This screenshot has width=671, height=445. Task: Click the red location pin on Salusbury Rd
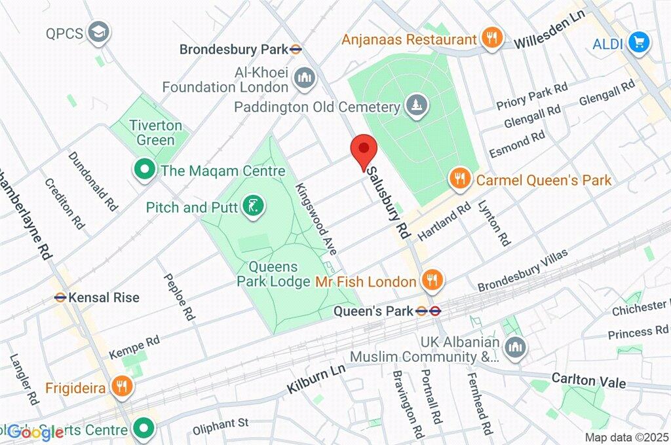(362, 151)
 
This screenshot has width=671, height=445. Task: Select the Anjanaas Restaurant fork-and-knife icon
(491, 38)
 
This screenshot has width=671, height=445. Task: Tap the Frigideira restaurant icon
(121, 386)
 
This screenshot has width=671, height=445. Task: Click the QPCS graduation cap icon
(99, 31)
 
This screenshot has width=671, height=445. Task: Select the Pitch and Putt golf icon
(252, 207)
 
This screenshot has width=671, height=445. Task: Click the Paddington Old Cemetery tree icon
(415, 105)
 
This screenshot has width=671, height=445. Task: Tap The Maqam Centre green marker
(144, 170)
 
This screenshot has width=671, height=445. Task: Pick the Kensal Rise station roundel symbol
(60, 297)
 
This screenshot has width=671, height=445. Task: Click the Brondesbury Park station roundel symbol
(297, 48)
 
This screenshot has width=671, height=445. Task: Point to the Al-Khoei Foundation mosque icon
(304, 78)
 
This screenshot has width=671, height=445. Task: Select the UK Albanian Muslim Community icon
(516, 344)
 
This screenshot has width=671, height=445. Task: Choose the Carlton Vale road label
(588, 381)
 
